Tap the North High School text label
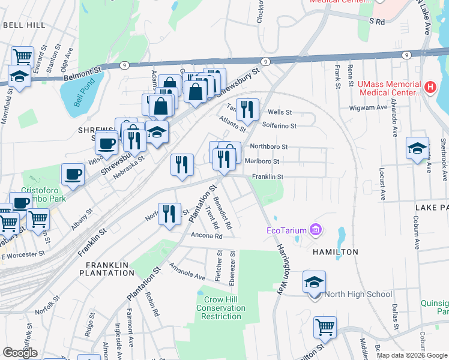(358, 294)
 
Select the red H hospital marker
(429, 88)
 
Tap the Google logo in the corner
(20, 353)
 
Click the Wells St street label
(280, 112)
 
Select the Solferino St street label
(280, 125)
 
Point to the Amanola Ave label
(187, 271)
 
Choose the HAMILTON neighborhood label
(336, 252)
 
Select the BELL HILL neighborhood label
(24, 25)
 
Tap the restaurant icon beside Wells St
(247, 109)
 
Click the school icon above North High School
(315, 283)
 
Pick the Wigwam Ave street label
(369, 108)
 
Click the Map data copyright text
(411, 355)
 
